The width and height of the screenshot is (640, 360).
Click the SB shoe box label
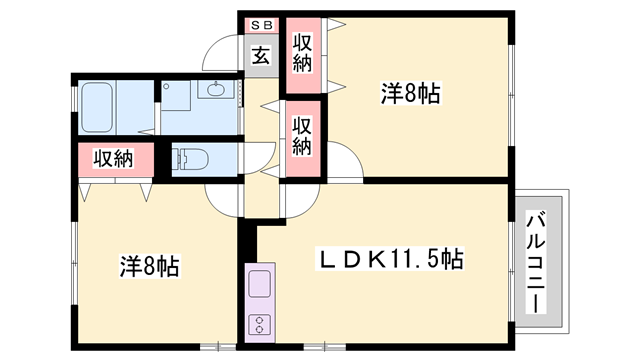point(259,24)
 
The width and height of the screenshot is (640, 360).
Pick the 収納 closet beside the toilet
point(113,158)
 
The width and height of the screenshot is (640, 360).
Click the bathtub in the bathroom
point(99,105)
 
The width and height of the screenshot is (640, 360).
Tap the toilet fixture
point(189,159)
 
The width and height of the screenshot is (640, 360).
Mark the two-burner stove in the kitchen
point(259,324)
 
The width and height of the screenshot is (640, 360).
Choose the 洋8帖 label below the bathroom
point(150,267)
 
